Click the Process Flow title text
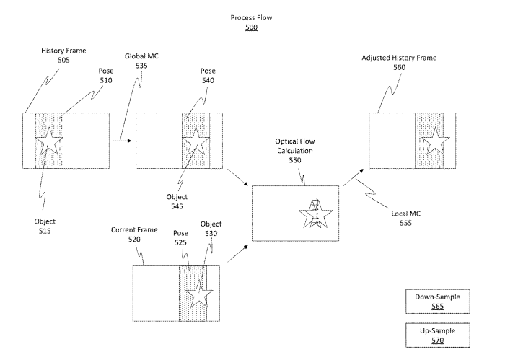pos(250,17)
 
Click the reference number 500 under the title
pos(250,27)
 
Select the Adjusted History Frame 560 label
pos(398,61)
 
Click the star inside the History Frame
pos(48,141)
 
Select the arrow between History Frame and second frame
pos(123,142)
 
